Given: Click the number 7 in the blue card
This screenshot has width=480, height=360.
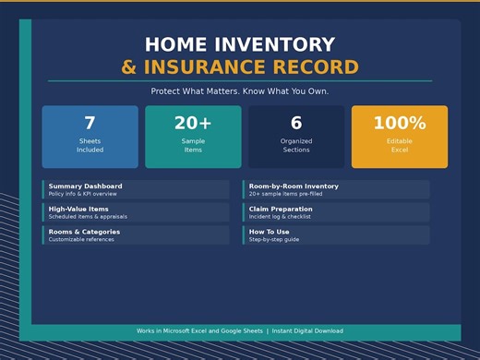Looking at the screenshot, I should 90,124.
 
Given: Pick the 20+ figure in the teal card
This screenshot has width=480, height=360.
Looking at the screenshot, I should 193,124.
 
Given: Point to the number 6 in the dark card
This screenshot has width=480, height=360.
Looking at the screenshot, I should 296,124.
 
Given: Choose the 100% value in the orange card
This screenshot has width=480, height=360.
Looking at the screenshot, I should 399,124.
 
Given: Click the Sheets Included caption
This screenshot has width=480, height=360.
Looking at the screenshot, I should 90,145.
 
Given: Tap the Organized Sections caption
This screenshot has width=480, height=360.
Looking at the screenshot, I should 296,145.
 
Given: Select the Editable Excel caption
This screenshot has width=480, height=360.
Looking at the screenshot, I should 399,145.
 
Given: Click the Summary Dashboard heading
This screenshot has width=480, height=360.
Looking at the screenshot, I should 85,186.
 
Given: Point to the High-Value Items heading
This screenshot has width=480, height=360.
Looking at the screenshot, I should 78,210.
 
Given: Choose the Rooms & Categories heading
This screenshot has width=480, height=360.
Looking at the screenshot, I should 84,232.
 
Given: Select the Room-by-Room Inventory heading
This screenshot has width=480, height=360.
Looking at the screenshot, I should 294,186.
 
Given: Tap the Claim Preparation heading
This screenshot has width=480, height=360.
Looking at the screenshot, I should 281,210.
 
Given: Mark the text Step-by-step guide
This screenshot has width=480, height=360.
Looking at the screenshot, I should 274,239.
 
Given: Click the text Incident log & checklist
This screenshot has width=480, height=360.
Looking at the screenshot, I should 280,217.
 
